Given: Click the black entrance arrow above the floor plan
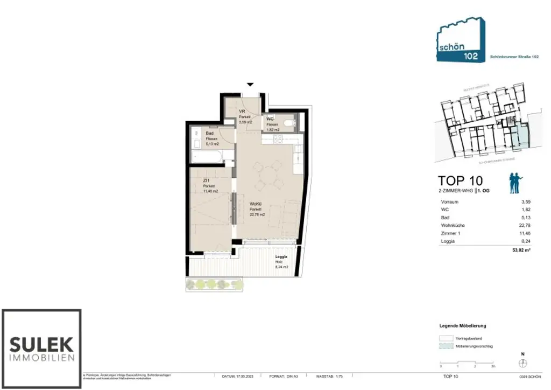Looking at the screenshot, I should (250, 85).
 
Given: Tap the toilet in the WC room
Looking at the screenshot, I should (288, 125).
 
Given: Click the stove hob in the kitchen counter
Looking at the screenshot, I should (277, 139).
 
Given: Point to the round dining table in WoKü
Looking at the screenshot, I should (267, 177).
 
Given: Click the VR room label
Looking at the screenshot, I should (242, 112).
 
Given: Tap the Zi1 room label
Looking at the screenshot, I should (206, 181).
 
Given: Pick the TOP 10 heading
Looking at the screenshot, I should (460, 180).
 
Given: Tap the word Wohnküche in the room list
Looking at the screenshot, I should (452, 226).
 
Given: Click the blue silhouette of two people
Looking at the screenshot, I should (515, 183).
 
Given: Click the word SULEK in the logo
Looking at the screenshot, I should (41, 343).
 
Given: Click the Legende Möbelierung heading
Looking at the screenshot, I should (463, 326).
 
